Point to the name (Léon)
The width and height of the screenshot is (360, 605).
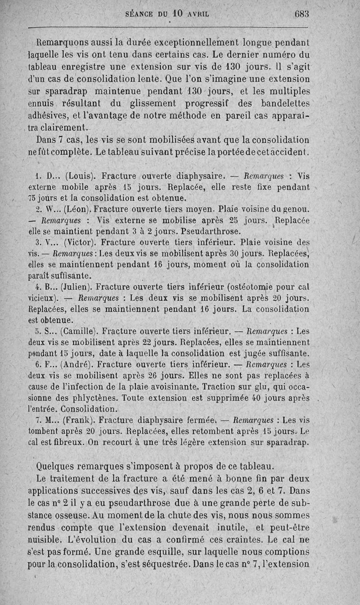click(78, 209)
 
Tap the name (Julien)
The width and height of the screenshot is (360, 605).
click(78, 287)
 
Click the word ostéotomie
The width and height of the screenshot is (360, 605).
click(265, 287)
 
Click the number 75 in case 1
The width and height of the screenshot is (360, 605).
click(33, 197)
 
